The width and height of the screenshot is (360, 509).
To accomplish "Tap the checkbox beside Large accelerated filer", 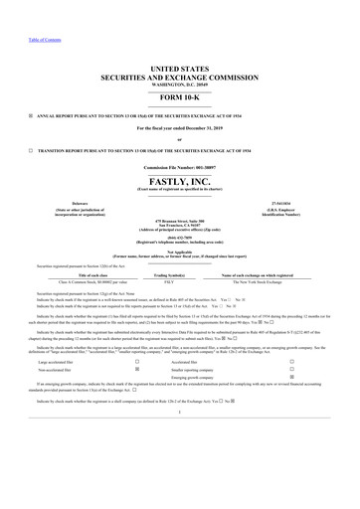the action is pyautogui.click(x=135, y=364).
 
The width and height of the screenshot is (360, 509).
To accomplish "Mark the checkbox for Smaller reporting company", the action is pyautogui.click(x=317, y=372).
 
